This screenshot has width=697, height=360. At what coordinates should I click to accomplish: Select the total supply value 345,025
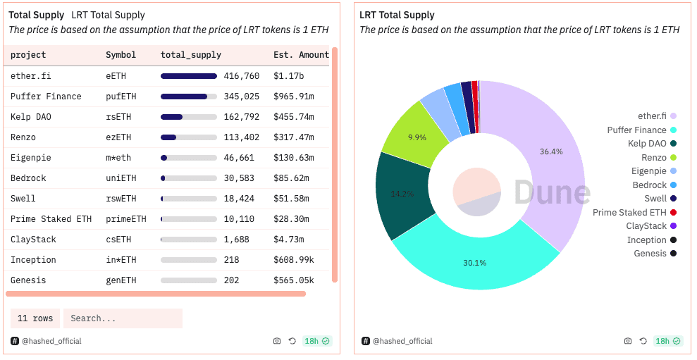click(241, 97)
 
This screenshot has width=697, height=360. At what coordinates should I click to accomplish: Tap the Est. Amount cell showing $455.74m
click(294, 117)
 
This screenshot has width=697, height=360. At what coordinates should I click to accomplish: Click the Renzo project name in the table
click(23, 137)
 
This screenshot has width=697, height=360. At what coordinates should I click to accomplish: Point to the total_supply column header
click(190, 55)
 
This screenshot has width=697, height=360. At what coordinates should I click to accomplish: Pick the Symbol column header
click(121, 55)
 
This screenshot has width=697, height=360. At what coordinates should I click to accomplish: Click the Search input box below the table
click(123, 318)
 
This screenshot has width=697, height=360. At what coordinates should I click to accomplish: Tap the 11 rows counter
click(35, 318)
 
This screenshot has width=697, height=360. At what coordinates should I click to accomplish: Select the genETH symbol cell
click(121, 280)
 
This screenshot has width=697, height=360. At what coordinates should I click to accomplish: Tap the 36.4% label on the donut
click(551, 151)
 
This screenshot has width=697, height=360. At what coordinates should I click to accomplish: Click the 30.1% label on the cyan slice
click(474, 263)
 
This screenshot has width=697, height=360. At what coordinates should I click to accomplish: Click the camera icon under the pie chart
click(628, 341)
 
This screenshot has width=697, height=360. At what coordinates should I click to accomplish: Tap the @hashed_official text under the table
click(51, 341)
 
